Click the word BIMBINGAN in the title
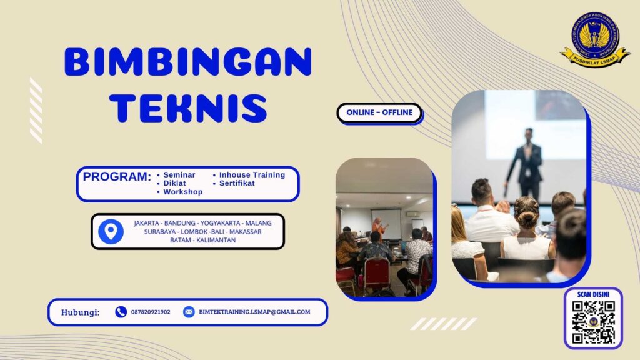coord(187,62)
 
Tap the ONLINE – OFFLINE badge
coord(379,112)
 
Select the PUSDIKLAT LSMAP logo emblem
coord(594,39)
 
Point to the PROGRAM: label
coord(117,177)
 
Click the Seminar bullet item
coord(179,175)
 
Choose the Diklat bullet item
coord(175,184)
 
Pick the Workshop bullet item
coord(182,192)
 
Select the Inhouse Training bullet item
coord(252,175)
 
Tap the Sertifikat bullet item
coord(237,184)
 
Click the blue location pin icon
coord(111,232)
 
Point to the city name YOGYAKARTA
coord(221,223)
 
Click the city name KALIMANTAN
coord(216,241)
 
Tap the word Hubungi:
coord(80,312)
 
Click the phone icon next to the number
coord(121,312)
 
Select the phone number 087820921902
coord(151,312)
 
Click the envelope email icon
coord(189,312)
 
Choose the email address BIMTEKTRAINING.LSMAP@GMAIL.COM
coord(254,312)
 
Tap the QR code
coord(594,322)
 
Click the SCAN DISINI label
coord(594,294)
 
